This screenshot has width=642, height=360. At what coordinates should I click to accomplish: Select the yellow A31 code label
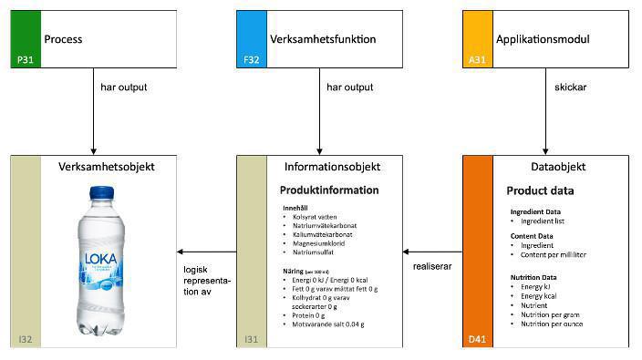click(x=477, y=59)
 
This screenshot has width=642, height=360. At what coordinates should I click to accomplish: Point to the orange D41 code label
click(x=477, y=340)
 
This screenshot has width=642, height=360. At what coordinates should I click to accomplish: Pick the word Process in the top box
click(x=63, y=40)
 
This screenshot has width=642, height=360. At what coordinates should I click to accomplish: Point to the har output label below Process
click(x=124, y=88)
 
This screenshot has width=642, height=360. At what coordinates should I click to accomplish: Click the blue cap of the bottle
click(x=100, y=193)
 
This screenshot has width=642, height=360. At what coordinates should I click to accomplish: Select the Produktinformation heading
click(x=328, y=190)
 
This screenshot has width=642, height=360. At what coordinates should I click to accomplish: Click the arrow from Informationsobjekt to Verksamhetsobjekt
click(x=206, y=252)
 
